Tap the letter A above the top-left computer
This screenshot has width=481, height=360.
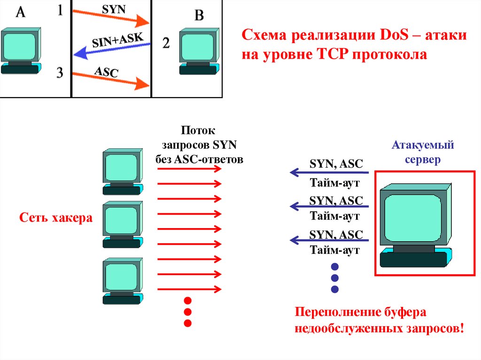[21, 13]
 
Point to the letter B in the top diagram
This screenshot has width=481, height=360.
[199, 15]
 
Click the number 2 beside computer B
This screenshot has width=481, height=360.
[166, 44]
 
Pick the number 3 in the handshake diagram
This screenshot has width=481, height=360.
[60, 74]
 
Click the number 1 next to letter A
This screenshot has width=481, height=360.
[60, 11]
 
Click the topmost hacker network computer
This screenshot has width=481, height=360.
[122, 171]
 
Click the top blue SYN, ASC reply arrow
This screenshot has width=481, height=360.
[329, 173]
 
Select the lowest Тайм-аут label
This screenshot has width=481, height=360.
[334, 250]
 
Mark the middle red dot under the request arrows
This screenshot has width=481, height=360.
[188, 312]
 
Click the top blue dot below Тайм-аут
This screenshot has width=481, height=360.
[335, 267]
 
